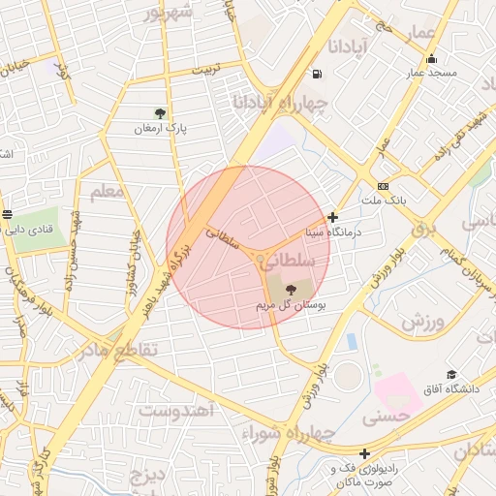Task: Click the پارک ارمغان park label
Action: (x=160, y=128)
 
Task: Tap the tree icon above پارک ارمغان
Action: (x=160, y=112)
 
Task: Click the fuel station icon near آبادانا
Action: (x=317, y=75)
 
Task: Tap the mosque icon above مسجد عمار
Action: (x=431, y=58)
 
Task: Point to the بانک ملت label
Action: (x=382, y=200)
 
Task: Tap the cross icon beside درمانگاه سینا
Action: (x=333, y=218)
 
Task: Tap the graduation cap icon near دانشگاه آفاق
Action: (x=450, y=374)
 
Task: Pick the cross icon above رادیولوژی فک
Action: (x=364, y=453)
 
